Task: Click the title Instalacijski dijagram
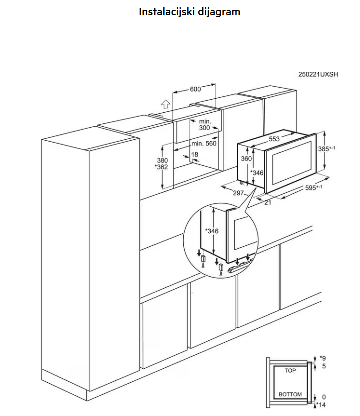click(189, 12)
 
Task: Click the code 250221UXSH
click(318, 74)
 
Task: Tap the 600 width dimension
click(195, 89)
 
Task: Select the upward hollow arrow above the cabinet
click(166, 104)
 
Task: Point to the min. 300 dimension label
click(205, 125)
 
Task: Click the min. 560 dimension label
click(204, 143)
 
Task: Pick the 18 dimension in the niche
click(195, 154)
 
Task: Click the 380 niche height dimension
click(162, 160)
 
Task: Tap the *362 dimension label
click(161, 167)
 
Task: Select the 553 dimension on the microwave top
click(274, 139)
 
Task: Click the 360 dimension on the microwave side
click(246, 158)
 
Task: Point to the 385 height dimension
click(326, 149)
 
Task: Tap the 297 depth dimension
click(238, 193)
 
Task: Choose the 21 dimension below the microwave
click(268, 202)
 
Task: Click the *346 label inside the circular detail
click(212, 231)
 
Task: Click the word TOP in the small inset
click(290, 371)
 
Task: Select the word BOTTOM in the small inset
click(290, 395)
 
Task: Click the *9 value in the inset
click(322, 358)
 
